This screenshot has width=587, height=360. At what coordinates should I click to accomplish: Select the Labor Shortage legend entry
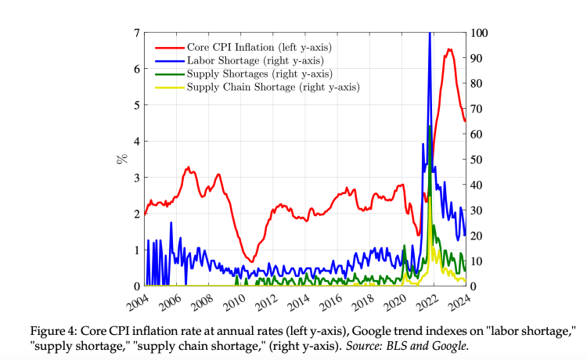point(245,59)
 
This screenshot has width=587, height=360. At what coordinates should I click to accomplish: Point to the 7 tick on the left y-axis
point(136,33)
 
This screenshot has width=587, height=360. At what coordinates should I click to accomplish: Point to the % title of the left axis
point(121,159)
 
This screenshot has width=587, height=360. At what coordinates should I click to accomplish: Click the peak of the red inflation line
point(449,50)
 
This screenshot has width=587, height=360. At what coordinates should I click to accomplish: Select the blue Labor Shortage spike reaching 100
point(430,34)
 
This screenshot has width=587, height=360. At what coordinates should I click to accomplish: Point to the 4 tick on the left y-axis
point(136,142)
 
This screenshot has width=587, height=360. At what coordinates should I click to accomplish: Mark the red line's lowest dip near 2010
point(250,261)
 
